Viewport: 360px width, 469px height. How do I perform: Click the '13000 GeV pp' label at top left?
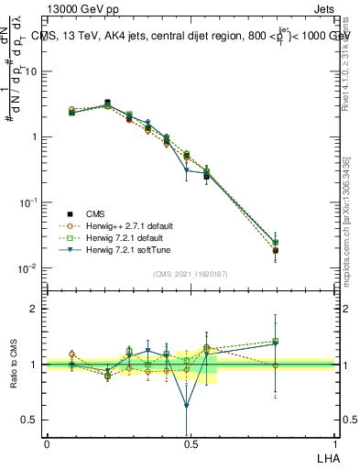point(76,8)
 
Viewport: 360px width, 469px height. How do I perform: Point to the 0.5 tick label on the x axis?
point(191,444)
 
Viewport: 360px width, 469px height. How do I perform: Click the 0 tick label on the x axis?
point(47,444)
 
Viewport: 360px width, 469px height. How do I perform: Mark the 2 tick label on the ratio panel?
point(33,310)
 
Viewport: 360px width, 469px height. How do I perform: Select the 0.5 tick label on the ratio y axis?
point(29,420)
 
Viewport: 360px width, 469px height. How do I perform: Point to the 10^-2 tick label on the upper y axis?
point(27,268)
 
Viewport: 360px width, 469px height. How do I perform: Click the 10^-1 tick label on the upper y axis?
point(27,202)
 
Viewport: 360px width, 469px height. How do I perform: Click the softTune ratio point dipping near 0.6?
point(187,405)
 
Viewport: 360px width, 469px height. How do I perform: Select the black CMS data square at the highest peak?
point(108,104)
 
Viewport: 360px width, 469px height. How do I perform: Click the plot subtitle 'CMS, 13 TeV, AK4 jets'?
point(110,36)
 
